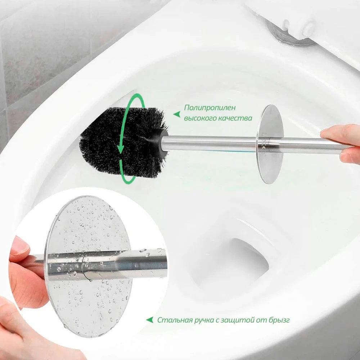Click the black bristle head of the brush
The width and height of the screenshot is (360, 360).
[122, 142]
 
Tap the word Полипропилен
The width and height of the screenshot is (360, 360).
[210, 108]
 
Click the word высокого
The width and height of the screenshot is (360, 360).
[199, 118]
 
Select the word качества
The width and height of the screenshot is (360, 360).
[235, 118]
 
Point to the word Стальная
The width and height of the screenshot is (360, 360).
[175, 320]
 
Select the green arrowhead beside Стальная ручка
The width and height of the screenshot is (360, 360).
[150, 320]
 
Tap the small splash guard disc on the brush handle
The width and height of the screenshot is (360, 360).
[270, 144]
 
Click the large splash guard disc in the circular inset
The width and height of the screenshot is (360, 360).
[89, 266]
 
